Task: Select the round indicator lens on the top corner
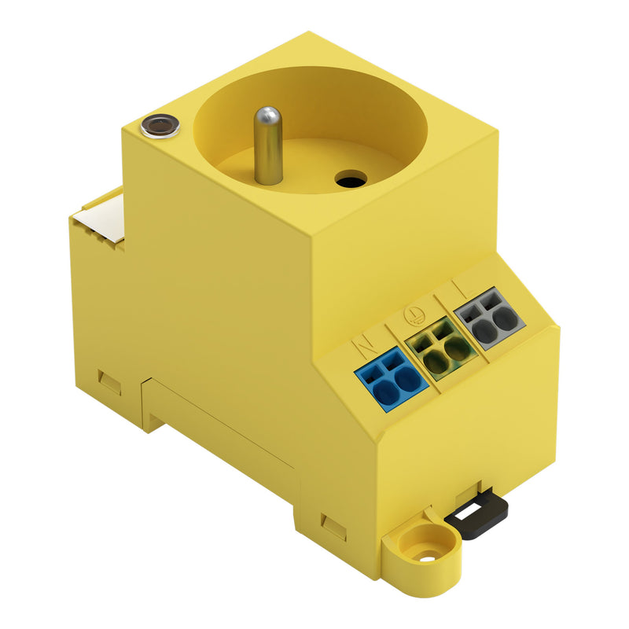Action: pos(160,125)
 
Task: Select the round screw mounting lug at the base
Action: pos(426,550)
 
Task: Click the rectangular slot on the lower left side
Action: pos(109,381)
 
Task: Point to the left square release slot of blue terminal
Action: pos(370,367)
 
